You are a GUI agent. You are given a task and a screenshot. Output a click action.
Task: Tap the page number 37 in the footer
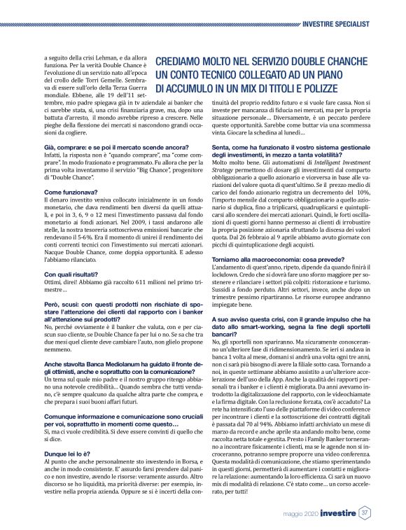(365, 514)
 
